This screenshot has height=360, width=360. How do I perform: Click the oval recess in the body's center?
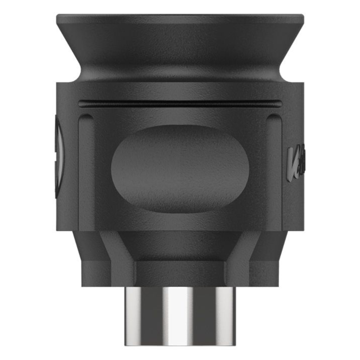point(180,169)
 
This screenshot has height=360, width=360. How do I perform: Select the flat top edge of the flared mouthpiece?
point(180,16)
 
